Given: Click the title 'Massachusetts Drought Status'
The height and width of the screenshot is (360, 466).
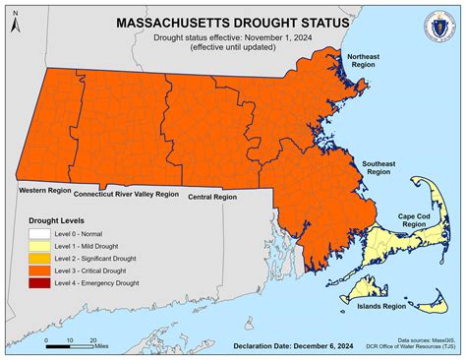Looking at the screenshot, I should click(232, 22).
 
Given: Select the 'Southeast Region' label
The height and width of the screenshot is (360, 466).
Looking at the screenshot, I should click(379, 166).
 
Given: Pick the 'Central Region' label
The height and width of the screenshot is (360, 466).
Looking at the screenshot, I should click(211, 197).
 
